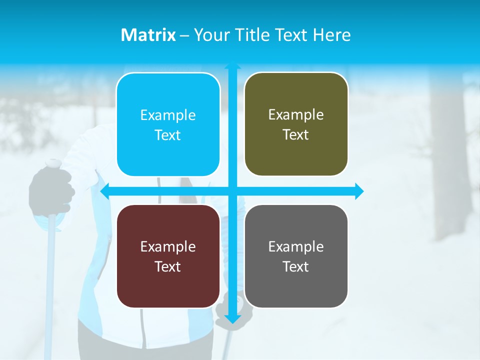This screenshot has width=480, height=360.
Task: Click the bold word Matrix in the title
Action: pyautogui.click(x=148, y=35)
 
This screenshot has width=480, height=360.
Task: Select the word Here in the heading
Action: pyautogui.click(x=331, y=35)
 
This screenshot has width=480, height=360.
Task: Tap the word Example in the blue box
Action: pyautogui.click(x=168, y=115)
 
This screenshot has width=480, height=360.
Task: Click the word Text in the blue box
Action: pyautogui.click(x=168, y=135)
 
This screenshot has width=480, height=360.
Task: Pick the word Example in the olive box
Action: pyautogui.click(x=296, y=115)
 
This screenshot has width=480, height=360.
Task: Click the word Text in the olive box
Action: pyautogui.click(x=296, y=134)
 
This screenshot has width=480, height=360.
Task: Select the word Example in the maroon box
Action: pyautogui.click(x=168, y=246)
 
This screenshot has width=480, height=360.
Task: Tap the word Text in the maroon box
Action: pyautogui.click(x=168, y=266)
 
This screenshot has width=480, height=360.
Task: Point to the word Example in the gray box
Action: pyautogui.click(x=296, y=246)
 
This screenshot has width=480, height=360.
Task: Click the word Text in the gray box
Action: pyautogui.click(x=296, y=266)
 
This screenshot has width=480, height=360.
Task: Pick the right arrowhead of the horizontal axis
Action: pyautogui.click(x=359, y=191)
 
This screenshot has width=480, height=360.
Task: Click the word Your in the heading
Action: pyautogui.click(x=210, y=35)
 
